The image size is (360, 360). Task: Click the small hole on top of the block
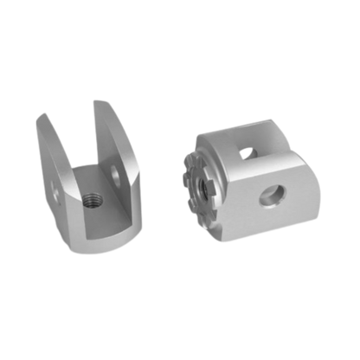coord(249,151)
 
